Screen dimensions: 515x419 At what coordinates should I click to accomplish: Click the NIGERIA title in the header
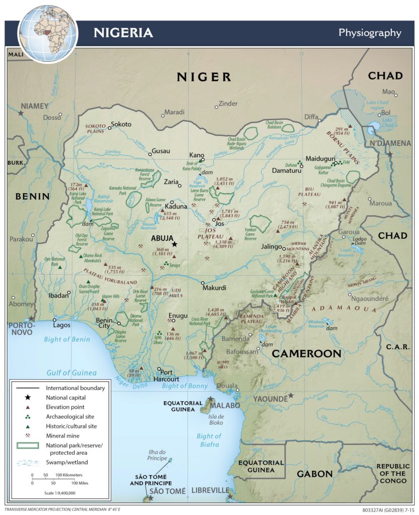pyautogui.click(x=123, y=33)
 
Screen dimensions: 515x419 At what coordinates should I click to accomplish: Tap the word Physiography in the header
pyautogui.click(x=370, y=33)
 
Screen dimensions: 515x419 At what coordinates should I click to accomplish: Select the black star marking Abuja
pyautogui.click(x=174, y=244)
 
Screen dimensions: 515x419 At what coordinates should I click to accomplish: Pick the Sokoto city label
pyautogui.click(x=121, y=124)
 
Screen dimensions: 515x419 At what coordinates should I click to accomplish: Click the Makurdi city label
pyautogui.click(x=214, y=288)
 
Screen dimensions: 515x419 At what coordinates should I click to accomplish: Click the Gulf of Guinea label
pyautogui.click(x=71, y=373)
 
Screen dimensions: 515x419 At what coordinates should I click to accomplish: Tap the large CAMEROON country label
pyautogui.click(x=307, y=354)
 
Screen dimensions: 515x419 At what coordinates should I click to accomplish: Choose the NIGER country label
pyautogui.click(x=203, y=77)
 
